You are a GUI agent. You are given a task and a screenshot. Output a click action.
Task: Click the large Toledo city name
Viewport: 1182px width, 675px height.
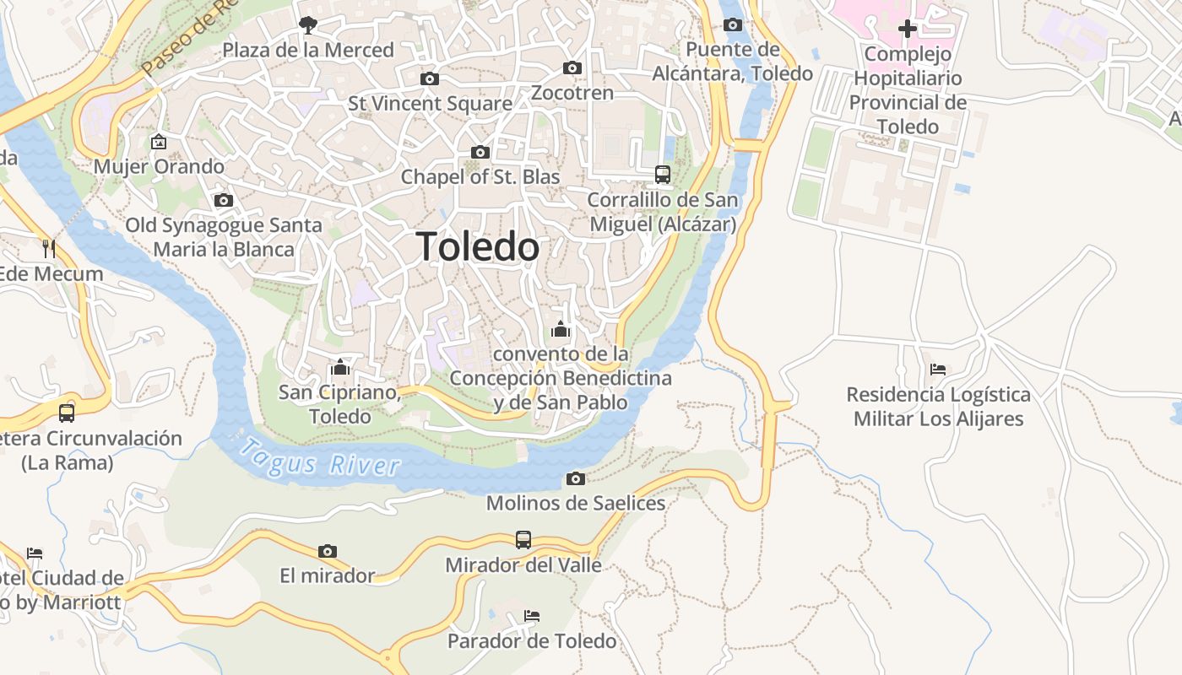click(x=478, y=247)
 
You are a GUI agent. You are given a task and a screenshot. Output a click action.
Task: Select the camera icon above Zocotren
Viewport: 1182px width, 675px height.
click(x=572, y=67)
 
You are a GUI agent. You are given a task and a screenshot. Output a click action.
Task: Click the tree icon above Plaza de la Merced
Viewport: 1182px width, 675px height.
click(x=308, y=24)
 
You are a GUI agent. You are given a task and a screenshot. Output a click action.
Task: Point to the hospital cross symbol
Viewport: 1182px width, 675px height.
click(x=908, y=29)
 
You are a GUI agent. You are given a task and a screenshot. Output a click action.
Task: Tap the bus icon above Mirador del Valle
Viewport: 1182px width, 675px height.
click(x=523, y=539)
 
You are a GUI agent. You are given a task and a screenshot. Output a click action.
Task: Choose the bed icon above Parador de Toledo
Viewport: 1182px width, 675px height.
click(x=532, y=615)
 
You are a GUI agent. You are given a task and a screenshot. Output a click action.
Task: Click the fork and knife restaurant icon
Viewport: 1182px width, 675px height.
click(x=49, y=248)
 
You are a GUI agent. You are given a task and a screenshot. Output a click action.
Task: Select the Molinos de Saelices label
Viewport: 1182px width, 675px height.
click(x=576, y=504)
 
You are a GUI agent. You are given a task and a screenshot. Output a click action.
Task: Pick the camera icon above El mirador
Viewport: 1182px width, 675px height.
click(x=328, y=551)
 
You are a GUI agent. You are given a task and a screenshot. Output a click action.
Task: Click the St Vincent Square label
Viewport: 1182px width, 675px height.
click(x=430, y=104)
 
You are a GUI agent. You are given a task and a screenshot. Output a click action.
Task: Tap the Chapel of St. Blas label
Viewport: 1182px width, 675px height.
click(x=480, y=177)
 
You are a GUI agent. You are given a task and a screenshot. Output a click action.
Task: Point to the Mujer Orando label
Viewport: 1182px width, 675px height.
click(x=159, y=166)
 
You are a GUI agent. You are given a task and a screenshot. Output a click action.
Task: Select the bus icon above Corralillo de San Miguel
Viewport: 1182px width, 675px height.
click(x=663, y=175)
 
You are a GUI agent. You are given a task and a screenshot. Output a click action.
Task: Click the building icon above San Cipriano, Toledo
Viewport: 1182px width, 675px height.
click(x=340, y=367)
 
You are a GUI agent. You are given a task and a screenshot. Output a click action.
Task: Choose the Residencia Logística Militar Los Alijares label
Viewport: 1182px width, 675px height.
click(x=938, y=407)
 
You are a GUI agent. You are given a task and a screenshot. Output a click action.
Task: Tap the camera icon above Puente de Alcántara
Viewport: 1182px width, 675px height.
click(x=733, y=24)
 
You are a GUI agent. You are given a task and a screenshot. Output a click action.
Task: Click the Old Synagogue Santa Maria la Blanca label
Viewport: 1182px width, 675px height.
click(x=224, y=237)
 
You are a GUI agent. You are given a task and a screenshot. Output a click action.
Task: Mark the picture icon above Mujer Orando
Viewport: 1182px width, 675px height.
click(x=158, y=141)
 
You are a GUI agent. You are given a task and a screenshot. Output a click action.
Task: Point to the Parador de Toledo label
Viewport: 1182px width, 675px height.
click(x=532, y=641)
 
